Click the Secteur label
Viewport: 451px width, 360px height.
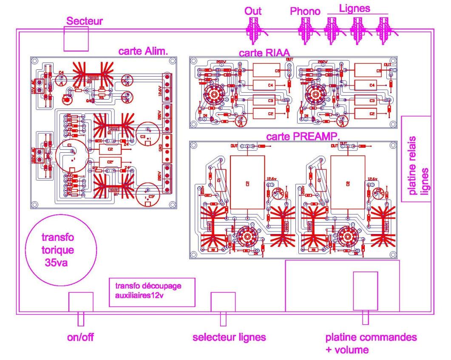85,21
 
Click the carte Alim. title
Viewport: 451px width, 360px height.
143,51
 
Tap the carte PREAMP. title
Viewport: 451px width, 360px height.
297,137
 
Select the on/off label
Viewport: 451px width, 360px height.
80,338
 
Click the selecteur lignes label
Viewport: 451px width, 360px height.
229,338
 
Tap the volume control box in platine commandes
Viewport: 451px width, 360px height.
366,291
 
